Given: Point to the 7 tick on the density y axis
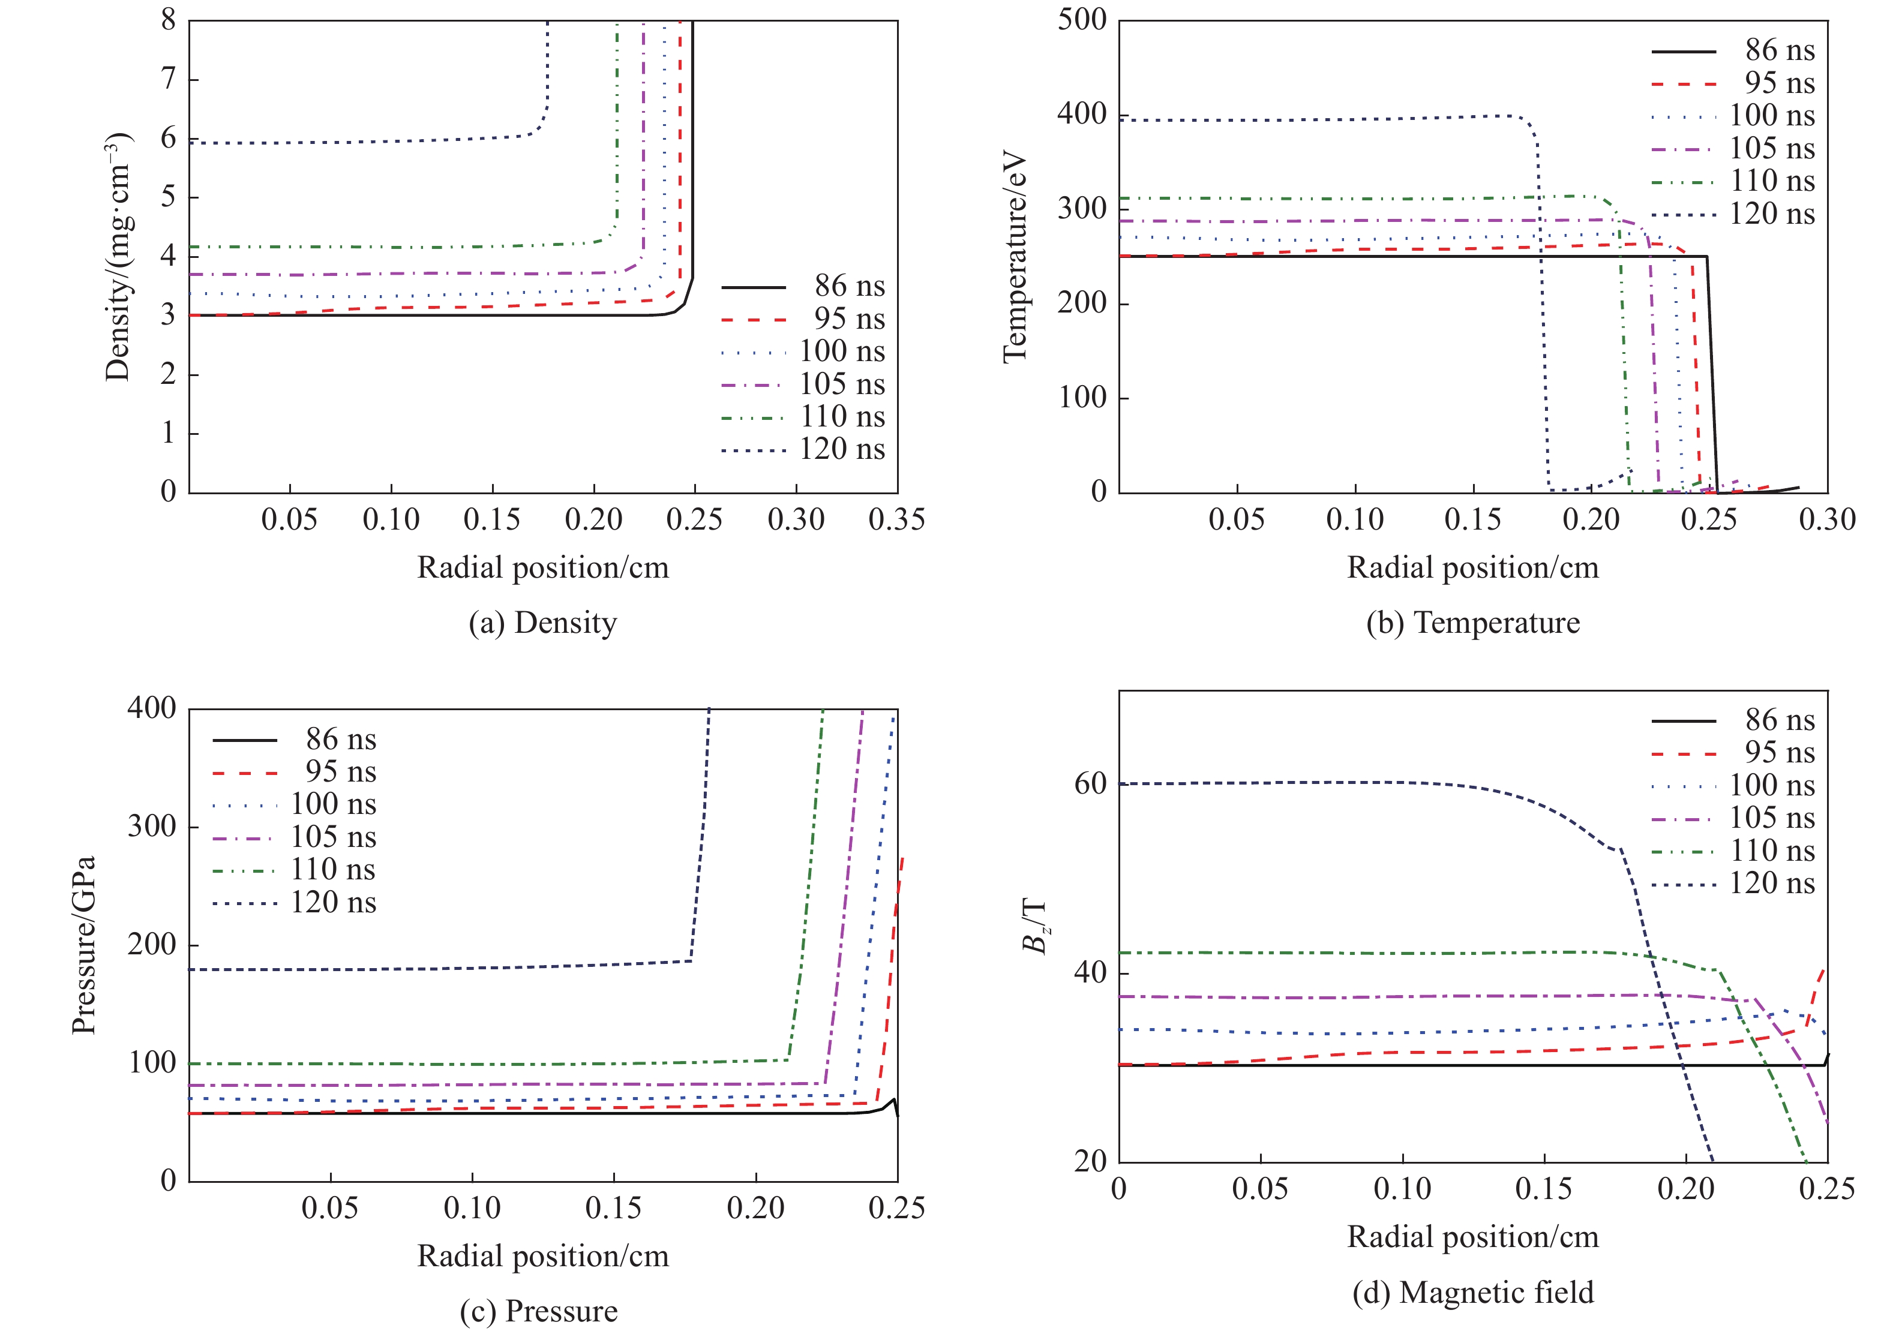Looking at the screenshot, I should [169, 79].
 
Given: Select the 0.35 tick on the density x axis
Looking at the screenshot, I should [896, 520].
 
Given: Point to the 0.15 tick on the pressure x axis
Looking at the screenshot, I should [613, 1208].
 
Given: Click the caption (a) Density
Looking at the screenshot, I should [542, 623].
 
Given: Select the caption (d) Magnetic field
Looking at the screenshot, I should [1472, 1292].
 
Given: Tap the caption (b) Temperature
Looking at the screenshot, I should [1472, 623].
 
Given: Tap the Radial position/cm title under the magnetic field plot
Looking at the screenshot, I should [1472, 1237].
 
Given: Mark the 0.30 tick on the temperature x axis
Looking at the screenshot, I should [1826, 520].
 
